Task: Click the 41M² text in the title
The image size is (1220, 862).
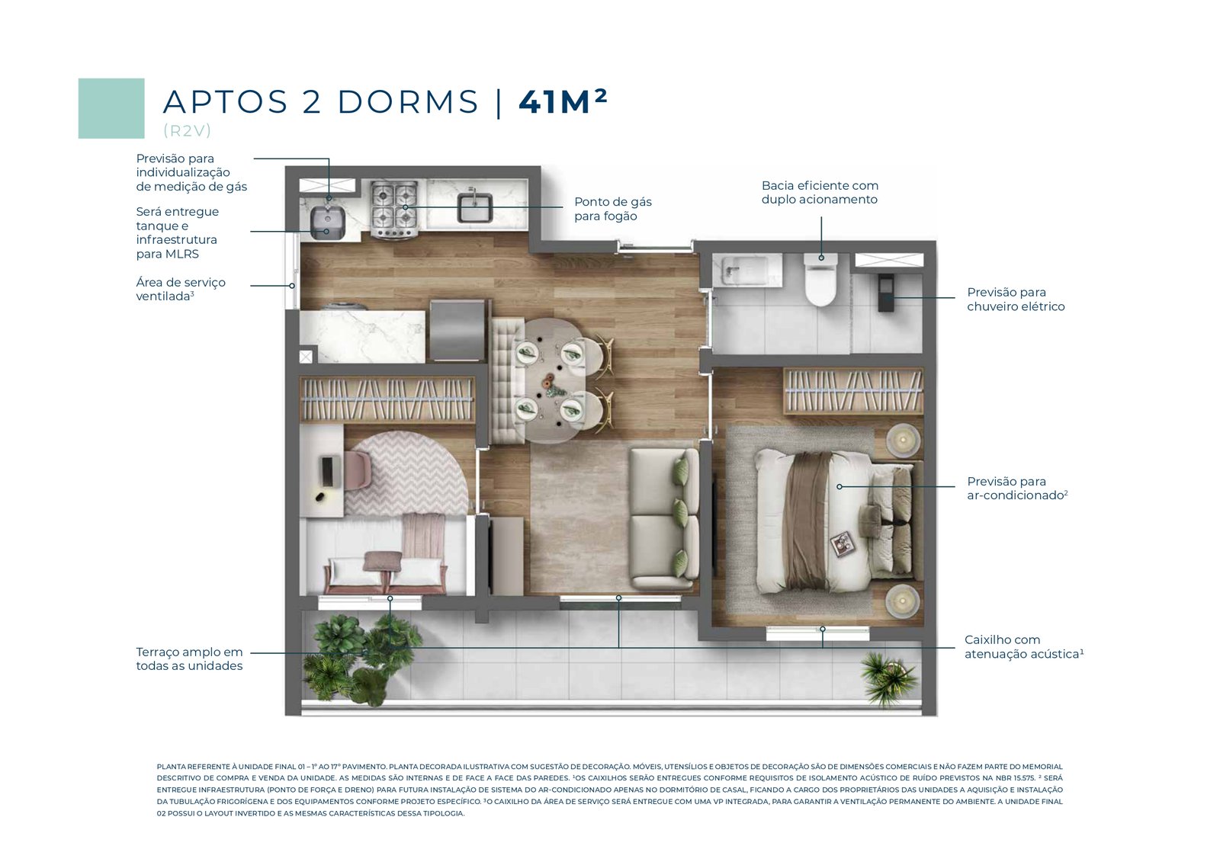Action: [563, 102]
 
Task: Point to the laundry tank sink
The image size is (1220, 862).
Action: [327, 223]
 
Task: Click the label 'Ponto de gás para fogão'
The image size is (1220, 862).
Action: [613, 209]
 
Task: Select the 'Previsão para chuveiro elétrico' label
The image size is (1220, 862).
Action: [1016, 299]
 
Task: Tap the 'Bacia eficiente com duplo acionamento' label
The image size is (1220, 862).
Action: [820, 192]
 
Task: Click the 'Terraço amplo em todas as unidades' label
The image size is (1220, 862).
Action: [189, 659]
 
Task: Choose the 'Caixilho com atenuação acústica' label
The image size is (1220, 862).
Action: [1024, 646]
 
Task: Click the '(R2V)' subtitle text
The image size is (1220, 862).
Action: [187, 130]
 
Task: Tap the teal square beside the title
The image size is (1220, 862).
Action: [111, 108]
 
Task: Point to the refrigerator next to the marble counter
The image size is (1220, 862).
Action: [457, 330]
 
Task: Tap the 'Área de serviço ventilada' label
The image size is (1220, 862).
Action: [180, 289]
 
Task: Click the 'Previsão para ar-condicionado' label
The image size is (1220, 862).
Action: [1017, 488]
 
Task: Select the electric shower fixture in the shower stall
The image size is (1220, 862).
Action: [886, 293]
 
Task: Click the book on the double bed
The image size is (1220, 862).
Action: [842, 544]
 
